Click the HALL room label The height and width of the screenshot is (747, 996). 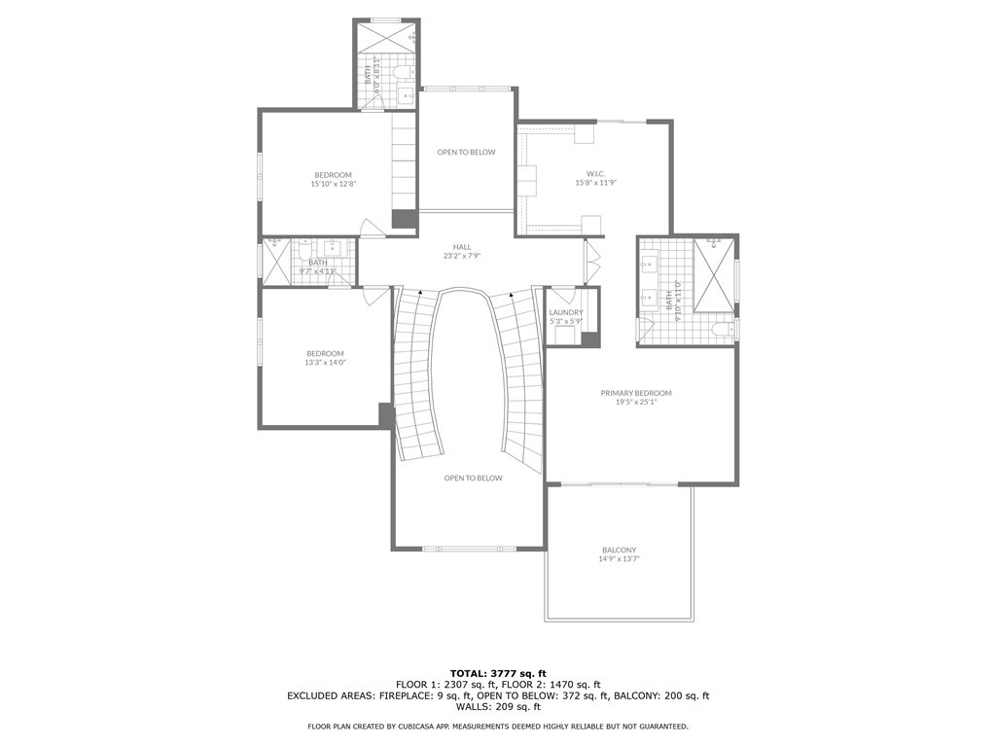coord(462,247)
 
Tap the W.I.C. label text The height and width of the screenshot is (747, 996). coord(583,173)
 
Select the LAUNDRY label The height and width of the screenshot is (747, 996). coord(565,312)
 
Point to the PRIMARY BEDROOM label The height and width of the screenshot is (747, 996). coord(636,393)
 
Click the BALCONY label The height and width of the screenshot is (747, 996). coord(619,551)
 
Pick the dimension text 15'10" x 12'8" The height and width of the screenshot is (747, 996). coord(333,184)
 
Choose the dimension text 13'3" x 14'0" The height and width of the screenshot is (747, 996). coord(325,363)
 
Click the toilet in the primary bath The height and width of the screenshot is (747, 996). coord(722,331)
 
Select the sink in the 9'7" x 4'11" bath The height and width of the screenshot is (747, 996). coord(333,247)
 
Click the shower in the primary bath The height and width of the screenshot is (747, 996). coord(713,274)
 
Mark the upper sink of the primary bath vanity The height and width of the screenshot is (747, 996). coord(650,262)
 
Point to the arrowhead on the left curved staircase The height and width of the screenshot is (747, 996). coord(420,291)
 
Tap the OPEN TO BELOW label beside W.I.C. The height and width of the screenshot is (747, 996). coord(466,152)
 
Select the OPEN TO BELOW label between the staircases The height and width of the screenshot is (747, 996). coord(473,478)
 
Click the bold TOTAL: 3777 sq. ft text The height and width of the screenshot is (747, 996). coord(498,673)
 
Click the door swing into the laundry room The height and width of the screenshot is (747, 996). coord(561,296)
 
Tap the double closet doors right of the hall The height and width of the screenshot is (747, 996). coord(590,261)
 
